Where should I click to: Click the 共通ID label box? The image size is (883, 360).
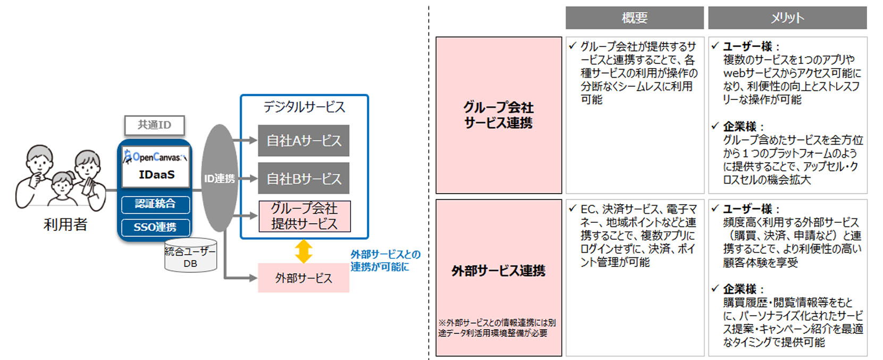154,125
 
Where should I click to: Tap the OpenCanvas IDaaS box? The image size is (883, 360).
156,166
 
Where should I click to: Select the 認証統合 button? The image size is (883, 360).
155,204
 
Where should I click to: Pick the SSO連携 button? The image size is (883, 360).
155,227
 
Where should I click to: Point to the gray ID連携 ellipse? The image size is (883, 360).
219,178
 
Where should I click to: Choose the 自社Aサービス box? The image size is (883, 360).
304,140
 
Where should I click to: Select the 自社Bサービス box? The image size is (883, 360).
304,179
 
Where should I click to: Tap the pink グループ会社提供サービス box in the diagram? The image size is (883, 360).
304,216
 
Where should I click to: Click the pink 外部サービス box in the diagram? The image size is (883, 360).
303,278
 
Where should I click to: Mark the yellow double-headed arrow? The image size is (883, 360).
304,251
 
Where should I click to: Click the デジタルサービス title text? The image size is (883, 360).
304,107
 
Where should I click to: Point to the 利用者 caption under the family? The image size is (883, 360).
65,224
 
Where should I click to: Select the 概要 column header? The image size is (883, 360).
635,18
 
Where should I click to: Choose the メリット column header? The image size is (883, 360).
787,18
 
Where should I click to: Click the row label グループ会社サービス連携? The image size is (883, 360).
498,115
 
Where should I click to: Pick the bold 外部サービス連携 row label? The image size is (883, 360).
498,271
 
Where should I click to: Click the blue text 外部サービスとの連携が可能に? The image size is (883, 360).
385,261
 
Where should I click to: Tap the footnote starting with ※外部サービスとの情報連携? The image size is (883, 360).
497,328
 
